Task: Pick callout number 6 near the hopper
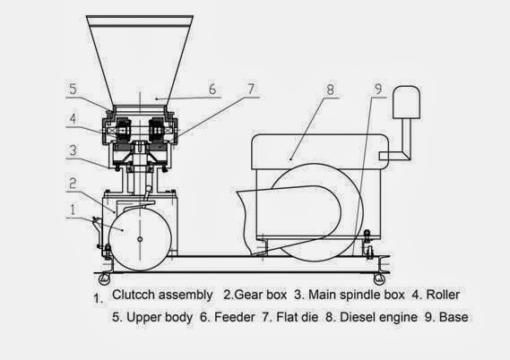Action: [x=212, y=90]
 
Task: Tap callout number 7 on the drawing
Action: [x=252, y=89]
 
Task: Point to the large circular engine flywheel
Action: [x=305, y=211]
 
